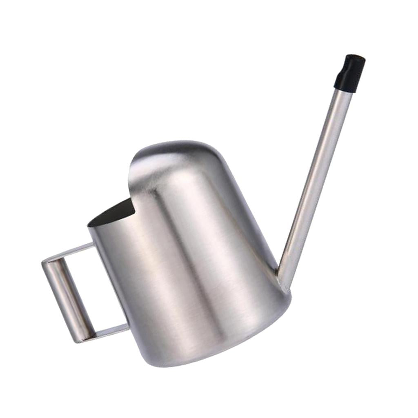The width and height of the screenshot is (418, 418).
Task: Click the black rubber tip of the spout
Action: point(349,72)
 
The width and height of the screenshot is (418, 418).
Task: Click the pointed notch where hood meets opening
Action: point(135,213)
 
